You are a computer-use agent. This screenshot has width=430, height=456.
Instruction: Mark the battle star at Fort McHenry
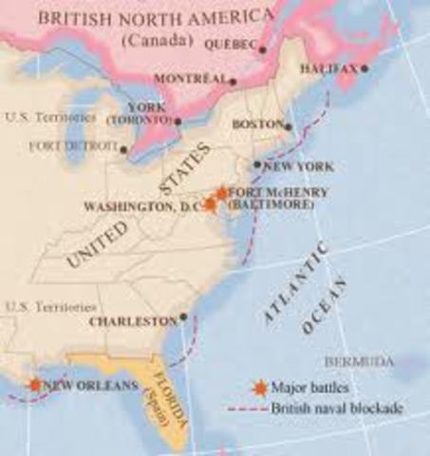[x=221, y=193]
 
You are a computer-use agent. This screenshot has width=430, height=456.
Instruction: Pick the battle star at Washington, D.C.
[x=211, y=204]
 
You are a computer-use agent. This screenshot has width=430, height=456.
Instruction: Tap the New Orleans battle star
[x=35, y=385]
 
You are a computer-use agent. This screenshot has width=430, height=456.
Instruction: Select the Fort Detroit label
[x=73, y=148]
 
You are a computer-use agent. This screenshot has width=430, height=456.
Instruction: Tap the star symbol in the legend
[x=259, y=388]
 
